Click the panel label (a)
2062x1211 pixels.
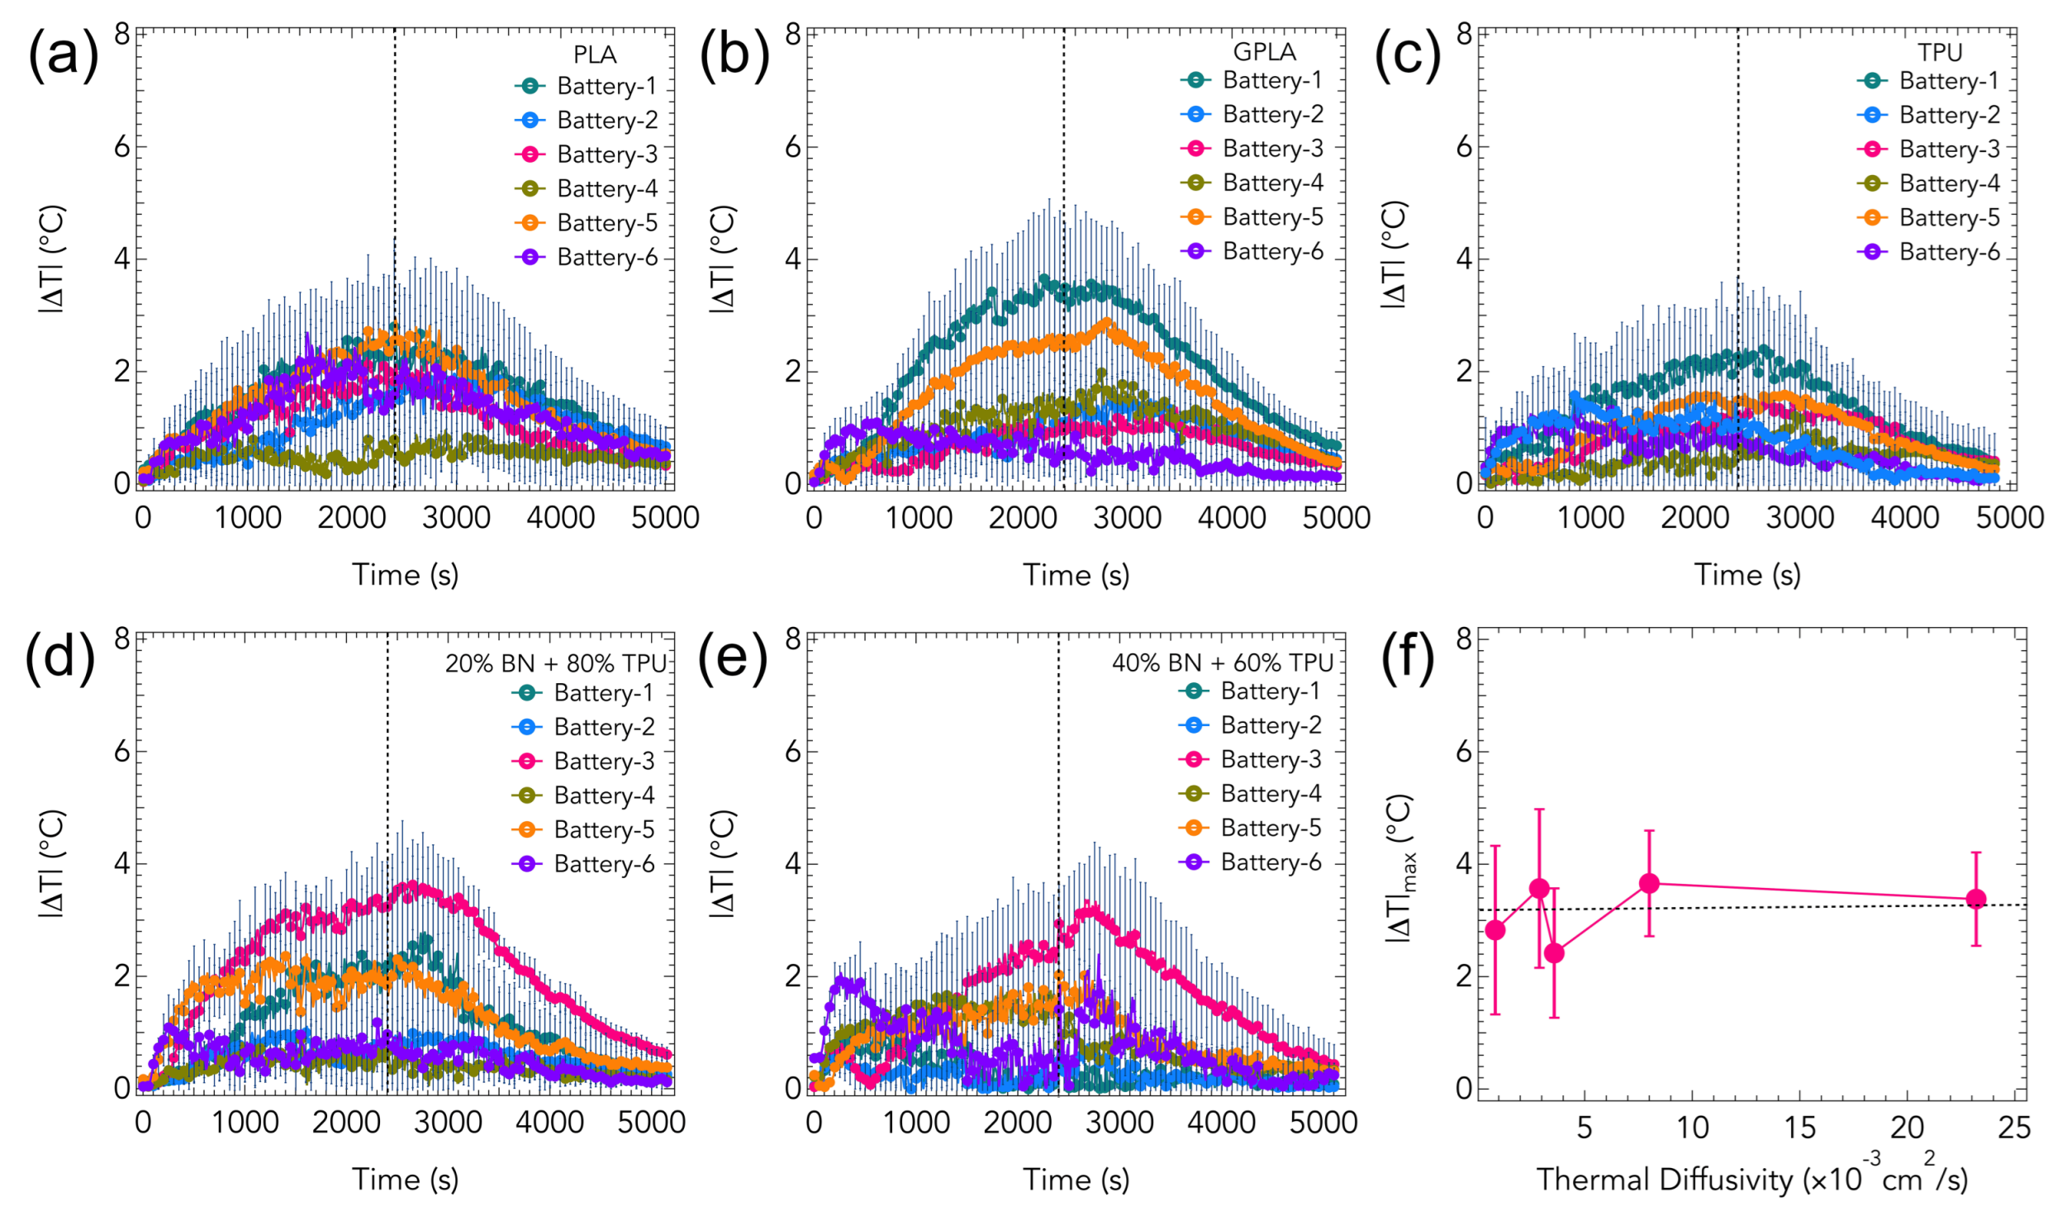click(63, 56)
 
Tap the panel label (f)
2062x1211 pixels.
click(1408, 659)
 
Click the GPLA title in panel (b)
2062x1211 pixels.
click(1264, 52)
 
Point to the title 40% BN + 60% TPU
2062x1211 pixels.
click(1222, 662)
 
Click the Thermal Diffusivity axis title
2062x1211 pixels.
click(1751, 1179)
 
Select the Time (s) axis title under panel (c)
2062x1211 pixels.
click(1747, 574)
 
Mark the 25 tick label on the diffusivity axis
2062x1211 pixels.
click(2014, 1128)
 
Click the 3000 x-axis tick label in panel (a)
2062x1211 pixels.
click(456, 518)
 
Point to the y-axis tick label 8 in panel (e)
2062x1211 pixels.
click(793, 639)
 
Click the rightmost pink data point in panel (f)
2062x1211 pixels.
click(1976, 899)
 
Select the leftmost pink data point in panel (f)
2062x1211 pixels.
click(1494, 930)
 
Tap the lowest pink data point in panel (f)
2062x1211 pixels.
click(1554, 953)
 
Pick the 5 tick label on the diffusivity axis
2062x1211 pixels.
click(1584, 1128)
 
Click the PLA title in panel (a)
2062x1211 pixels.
click(595, 55)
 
